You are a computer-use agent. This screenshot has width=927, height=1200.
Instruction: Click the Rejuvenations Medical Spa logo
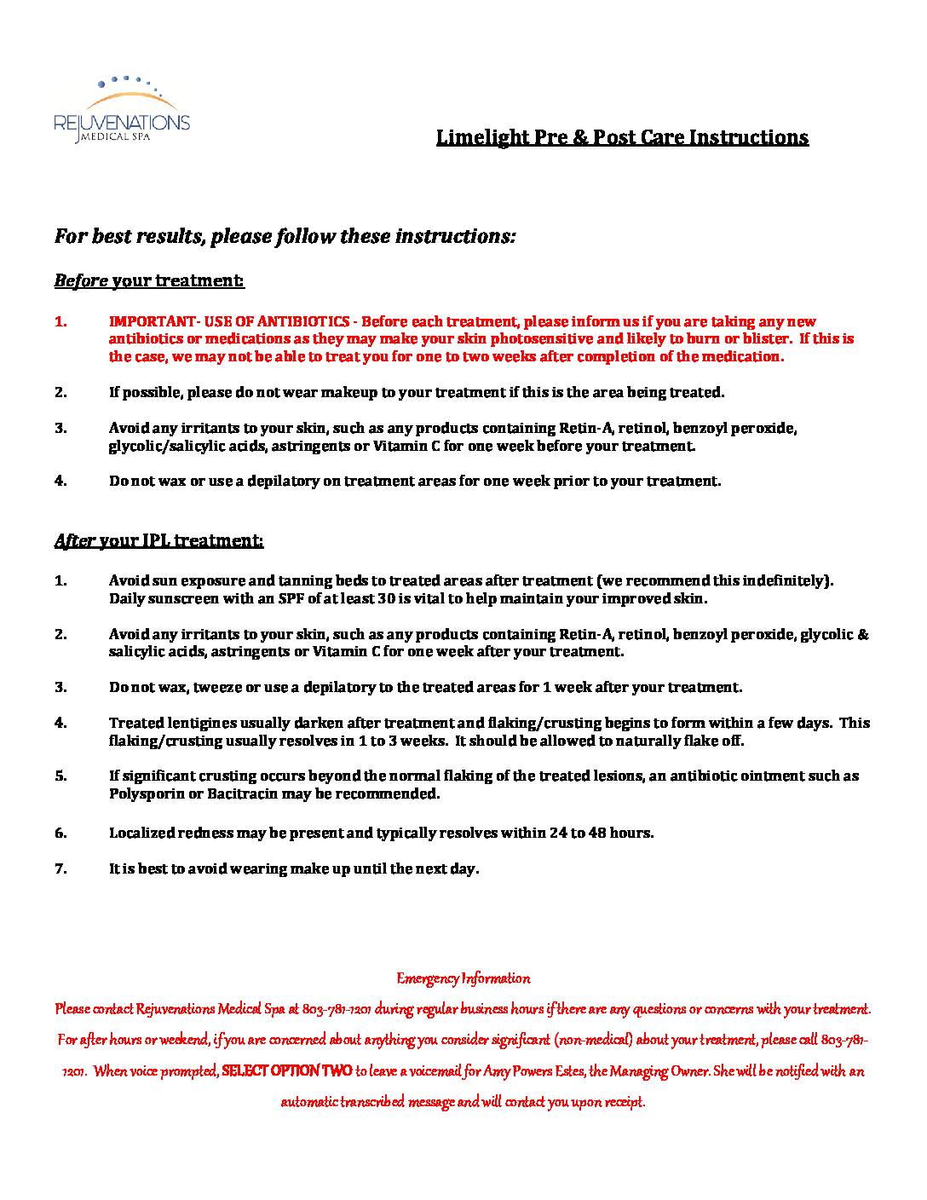122,110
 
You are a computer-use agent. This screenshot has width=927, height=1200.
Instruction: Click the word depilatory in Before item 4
286,481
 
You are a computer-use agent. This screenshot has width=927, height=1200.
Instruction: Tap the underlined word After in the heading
74,540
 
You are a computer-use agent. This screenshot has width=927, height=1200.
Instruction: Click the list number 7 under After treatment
60,869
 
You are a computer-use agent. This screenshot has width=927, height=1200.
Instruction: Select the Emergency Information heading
463,978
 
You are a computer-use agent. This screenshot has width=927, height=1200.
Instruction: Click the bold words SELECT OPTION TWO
287,1070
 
